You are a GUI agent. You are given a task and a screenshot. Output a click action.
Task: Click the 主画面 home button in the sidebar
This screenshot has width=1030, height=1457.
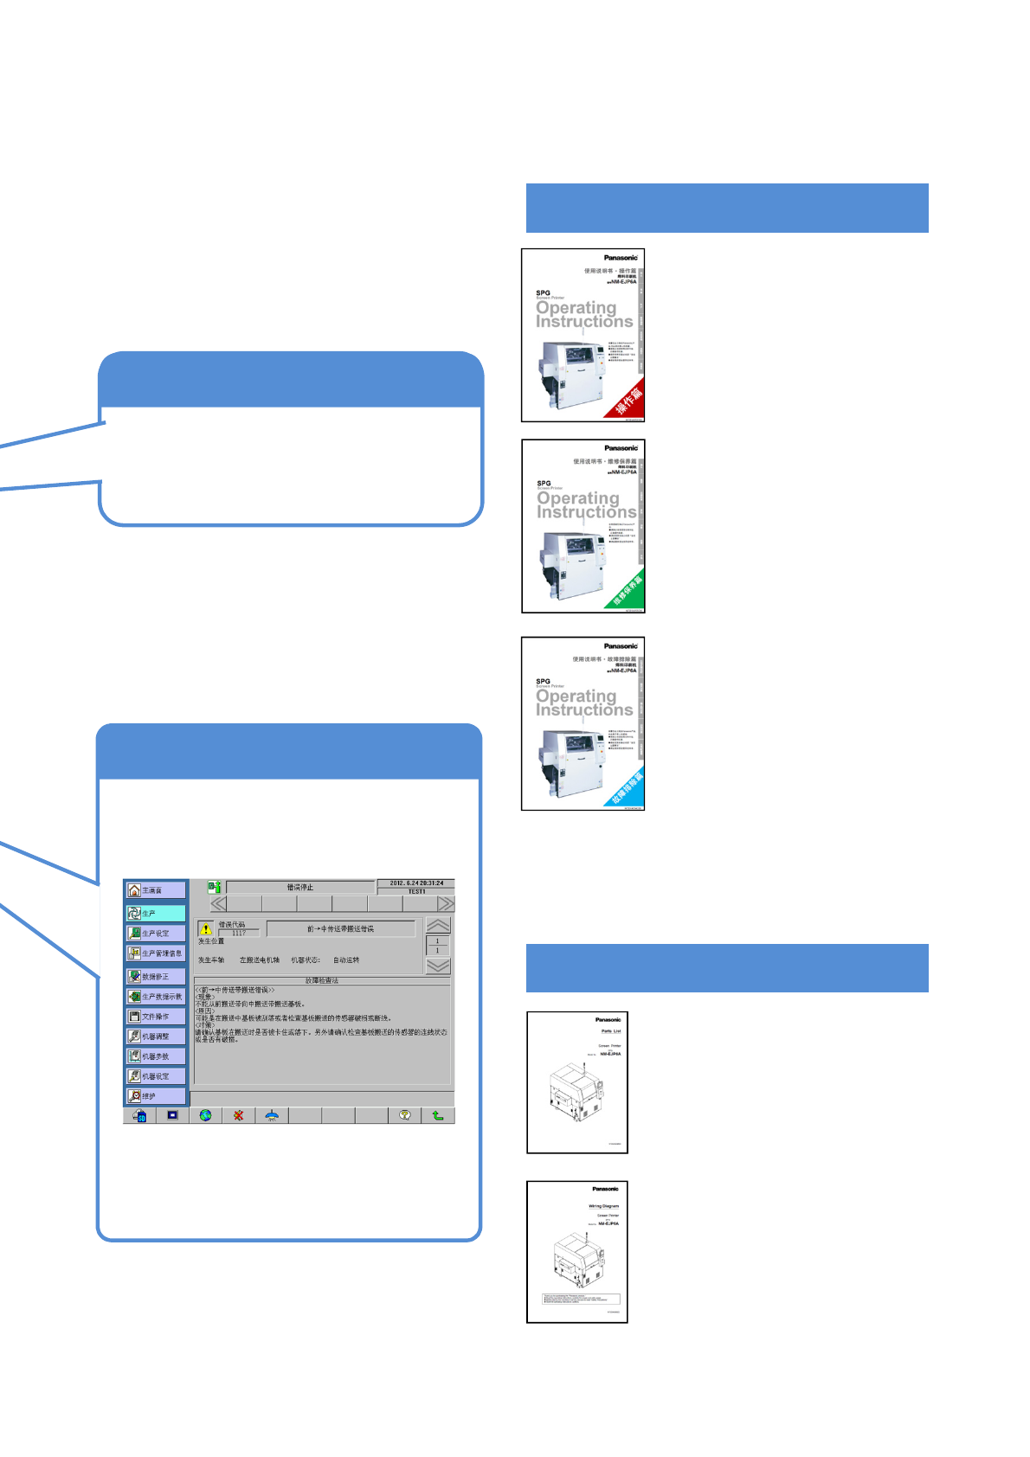click(156, 890)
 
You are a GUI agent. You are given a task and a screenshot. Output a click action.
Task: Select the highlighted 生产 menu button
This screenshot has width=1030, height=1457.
click(156, 913)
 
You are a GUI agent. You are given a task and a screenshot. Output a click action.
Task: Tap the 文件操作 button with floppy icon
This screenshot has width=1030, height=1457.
click(156, 1017)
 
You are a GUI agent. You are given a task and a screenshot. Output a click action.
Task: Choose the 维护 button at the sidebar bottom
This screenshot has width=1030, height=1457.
click(156, 1096)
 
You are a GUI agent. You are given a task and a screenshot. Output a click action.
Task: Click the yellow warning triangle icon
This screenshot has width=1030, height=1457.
click(206, 928)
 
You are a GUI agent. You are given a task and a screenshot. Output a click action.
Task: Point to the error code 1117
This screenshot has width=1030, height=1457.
click(239, 933)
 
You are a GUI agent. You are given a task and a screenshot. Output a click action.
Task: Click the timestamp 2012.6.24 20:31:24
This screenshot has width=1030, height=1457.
click(416, 883)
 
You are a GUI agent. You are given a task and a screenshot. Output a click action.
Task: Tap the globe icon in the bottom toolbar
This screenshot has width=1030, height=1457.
click(205, 1115)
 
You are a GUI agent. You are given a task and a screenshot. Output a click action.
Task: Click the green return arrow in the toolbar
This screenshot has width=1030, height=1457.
click(438, 1115)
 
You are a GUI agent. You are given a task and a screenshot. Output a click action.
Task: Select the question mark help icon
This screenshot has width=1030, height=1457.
click(404, 1115)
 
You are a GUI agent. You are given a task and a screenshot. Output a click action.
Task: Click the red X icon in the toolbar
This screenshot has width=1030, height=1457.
click(239, 1115)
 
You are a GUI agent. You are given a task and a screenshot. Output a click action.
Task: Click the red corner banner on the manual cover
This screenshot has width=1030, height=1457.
click(629, 399)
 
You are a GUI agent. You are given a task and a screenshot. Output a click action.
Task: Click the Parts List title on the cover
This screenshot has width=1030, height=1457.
click(611, 1031)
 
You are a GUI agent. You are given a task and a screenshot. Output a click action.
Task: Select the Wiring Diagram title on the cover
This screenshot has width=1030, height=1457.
click(604, 1206)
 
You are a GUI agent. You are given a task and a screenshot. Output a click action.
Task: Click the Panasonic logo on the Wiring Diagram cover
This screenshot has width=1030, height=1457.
click(606, 1189)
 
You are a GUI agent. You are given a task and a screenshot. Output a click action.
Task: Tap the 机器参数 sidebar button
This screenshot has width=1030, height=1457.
click(156, 1056)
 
